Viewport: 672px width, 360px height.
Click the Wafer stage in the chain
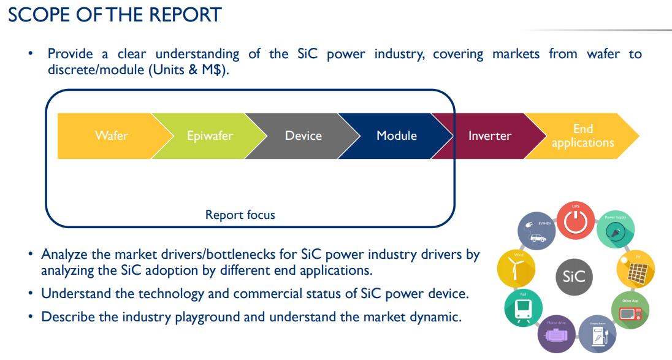(111, 136)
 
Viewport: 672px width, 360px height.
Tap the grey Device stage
(303, 136)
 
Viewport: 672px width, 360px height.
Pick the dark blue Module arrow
(396, 136)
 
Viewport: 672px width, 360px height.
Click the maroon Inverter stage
(489, 136)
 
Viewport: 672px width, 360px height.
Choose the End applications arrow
(582, 136)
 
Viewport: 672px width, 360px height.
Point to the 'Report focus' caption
(240, 215)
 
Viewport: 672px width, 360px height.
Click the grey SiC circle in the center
(574, 277)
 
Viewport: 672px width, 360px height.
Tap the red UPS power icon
(575, 223)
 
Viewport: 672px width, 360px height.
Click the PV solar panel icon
(636, 269)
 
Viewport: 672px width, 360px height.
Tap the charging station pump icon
(598, 335)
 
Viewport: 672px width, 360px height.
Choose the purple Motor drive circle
(556, 335)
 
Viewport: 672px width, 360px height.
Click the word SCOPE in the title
(39, 14)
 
